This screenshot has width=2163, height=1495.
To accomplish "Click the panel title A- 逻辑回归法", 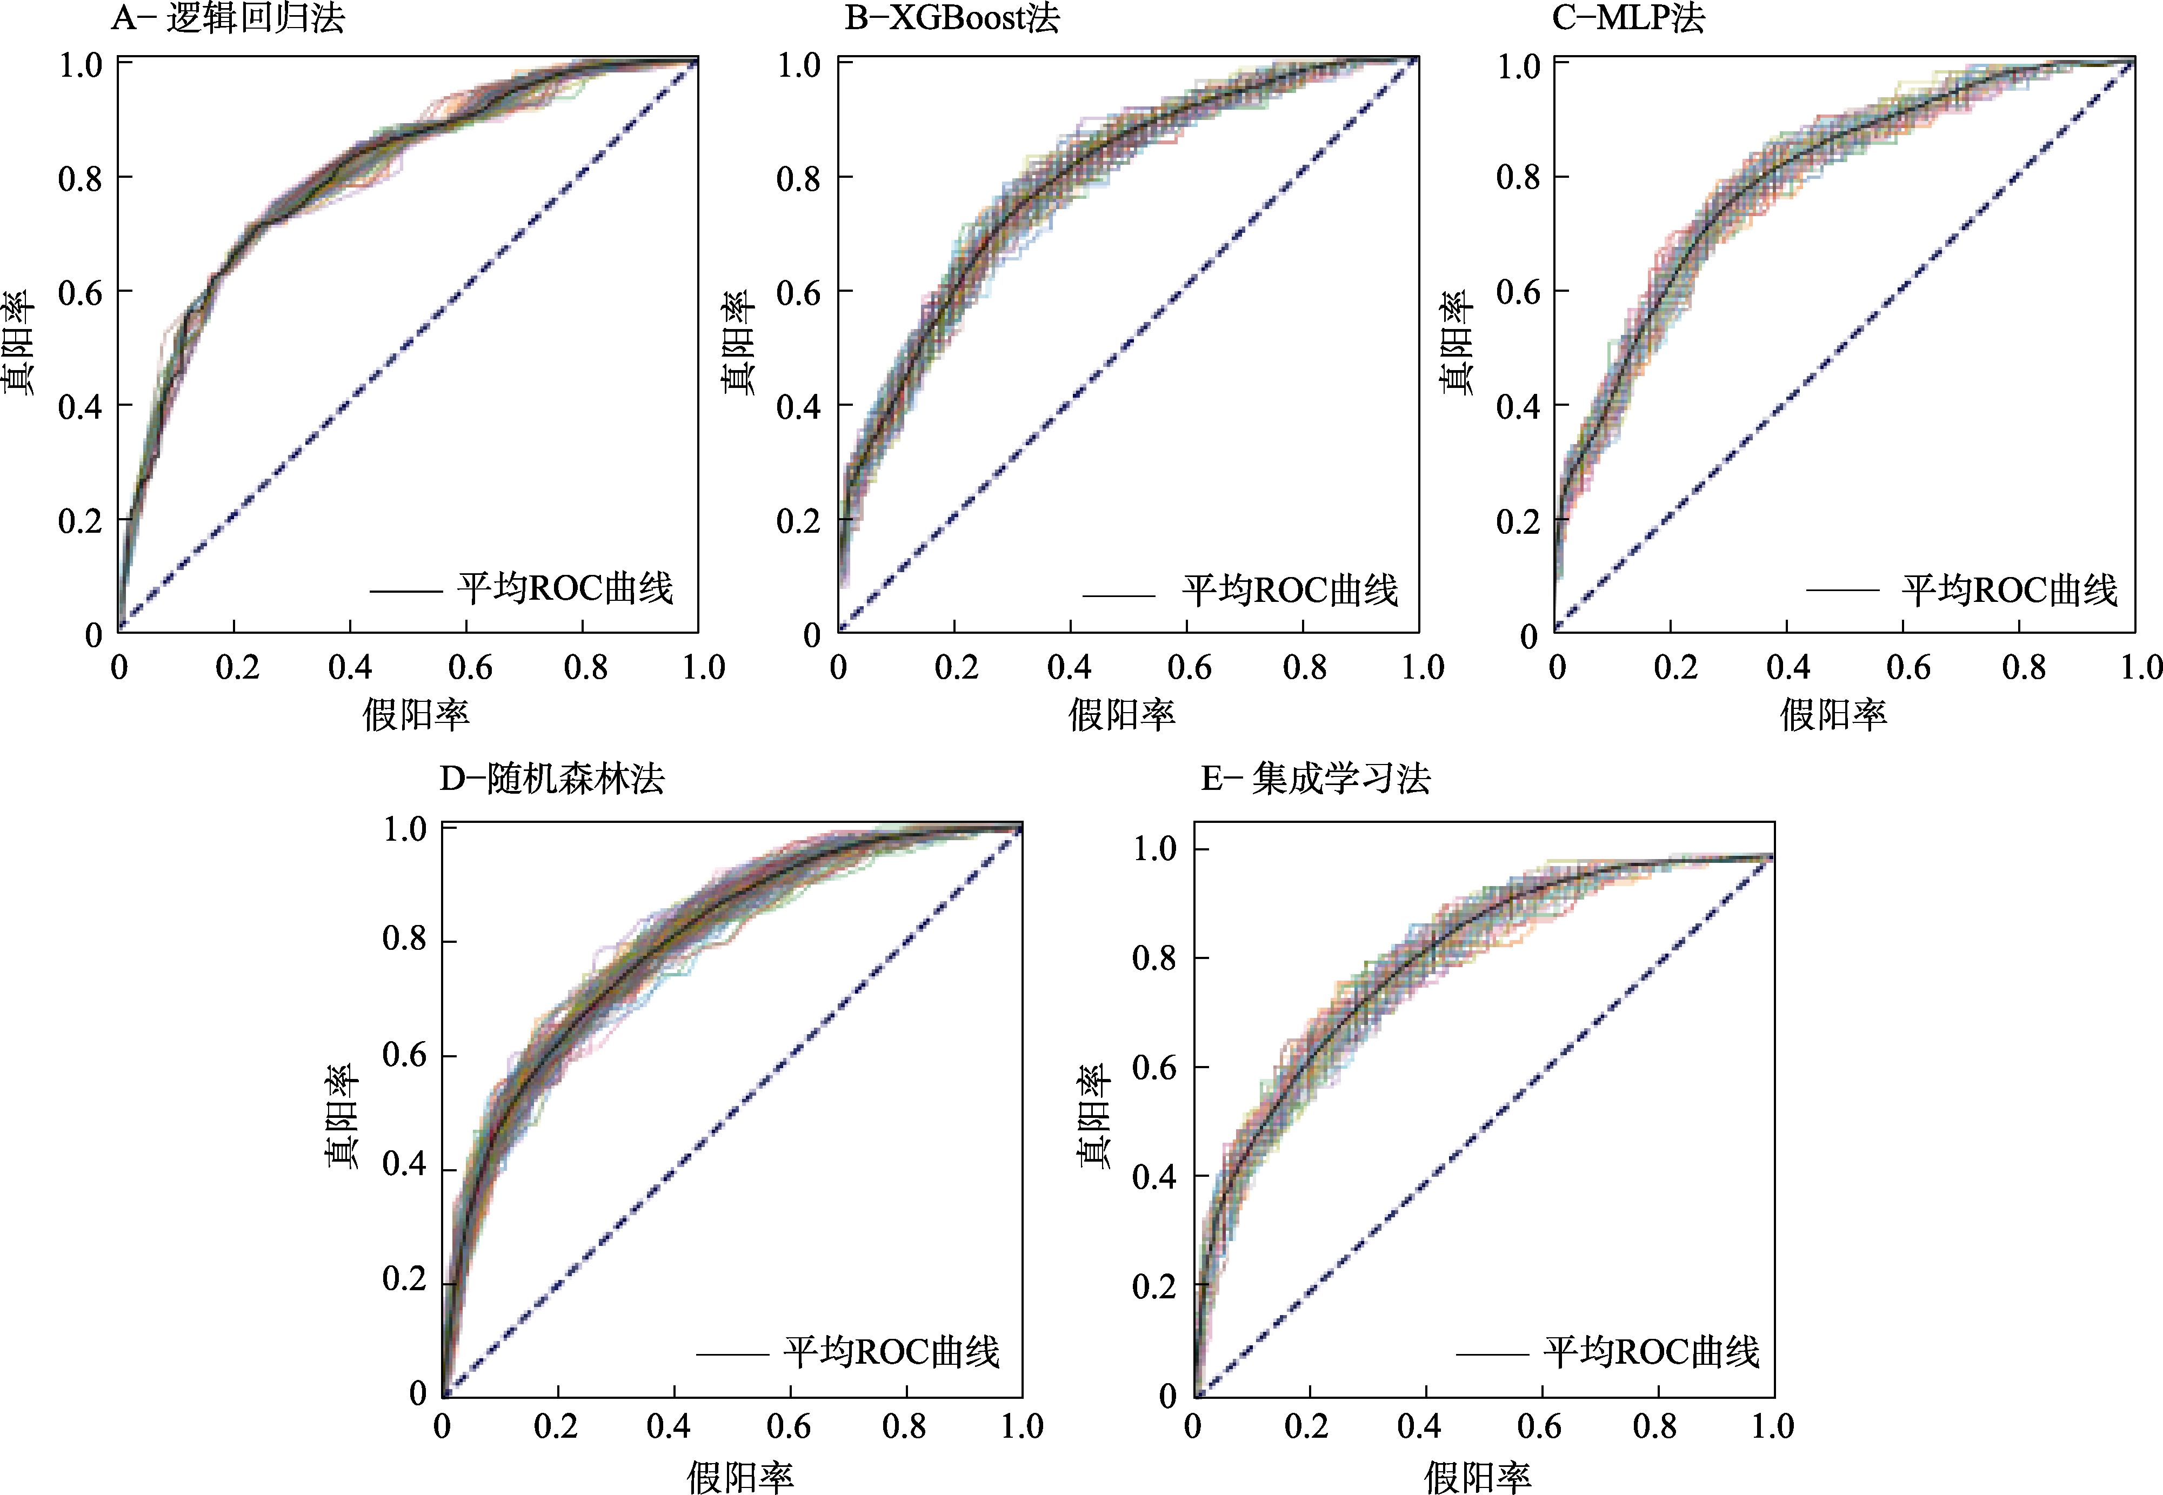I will click(x=228, y=18).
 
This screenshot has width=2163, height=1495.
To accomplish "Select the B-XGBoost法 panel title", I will click(x=952, y=18).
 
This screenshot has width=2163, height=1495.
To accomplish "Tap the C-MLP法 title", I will click(x=1628, y=18).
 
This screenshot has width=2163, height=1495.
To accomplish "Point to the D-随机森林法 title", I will click(x=552, y=779).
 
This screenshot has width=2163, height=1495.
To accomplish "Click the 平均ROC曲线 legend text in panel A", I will click(x=565, y=588).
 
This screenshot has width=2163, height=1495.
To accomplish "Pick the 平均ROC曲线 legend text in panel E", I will click(x=1652, y=1352).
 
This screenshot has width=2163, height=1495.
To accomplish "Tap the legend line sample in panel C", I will click(x=1842, y=590).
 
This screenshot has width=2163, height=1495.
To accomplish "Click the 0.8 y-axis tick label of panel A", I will click(x=81, y=178).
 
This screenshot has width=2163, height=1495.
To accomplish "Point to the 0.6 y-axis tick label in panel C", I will click(x=1519, y=292).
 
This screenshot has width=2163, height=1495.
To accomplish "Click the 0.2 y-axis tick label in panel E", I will click(x=1154, y=1286).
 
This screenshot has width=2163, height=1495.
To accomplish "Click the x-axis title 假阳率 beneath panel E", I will click(x=1477, y=1477).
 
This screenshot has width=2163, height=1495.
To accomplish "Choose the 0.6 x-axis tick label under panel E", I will click(x=1539, y=1426).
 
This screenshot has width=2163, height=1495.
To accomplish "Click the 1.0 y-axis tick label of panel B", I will click(x=799, y=65).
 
